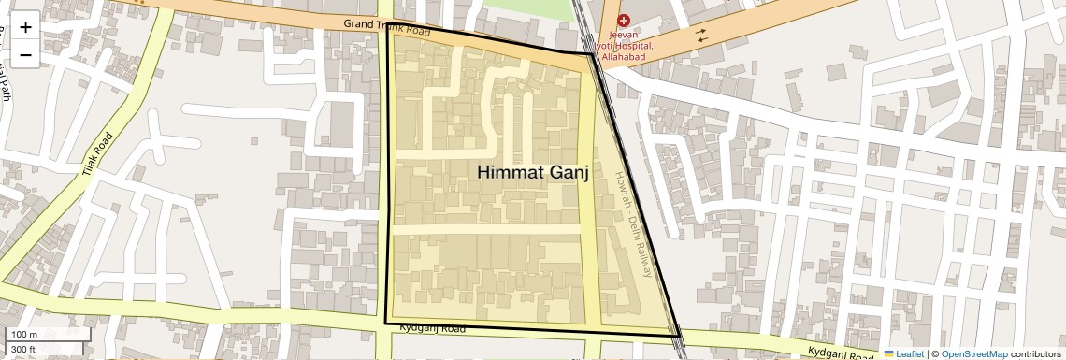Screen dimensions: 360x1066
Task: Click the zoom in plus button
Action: (25, 26)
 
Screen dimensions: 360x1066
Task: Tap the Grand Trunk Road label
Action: (386, 26)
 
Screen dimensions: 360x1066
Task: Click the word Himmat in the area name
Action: (511, 173)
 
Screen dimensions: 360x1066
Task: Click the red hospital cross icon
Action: (624, 20)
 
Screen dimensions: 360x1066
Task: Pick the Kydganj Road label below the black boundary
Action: (432, 329)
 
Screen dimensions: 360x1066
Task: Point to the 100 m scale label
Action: (23, 335)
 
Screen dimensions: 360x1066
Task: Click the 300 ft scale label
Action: (23, 350)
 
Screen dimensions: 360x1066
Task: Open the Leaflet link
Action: (903, 354)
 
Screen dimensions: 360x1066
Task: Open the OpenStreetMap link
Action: (973, 354)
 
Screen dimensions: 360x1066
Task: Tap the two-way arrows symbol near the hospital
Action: (700, 35)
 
